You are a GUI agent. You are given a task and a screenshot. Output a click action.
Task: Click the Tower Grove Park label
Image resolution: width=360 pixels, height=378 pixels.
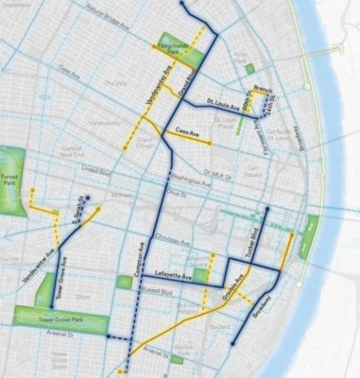(47, 322)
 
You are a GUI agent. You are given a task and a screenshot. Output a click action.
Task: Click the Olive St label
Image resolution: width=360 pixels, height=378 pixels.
(173, 192)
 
